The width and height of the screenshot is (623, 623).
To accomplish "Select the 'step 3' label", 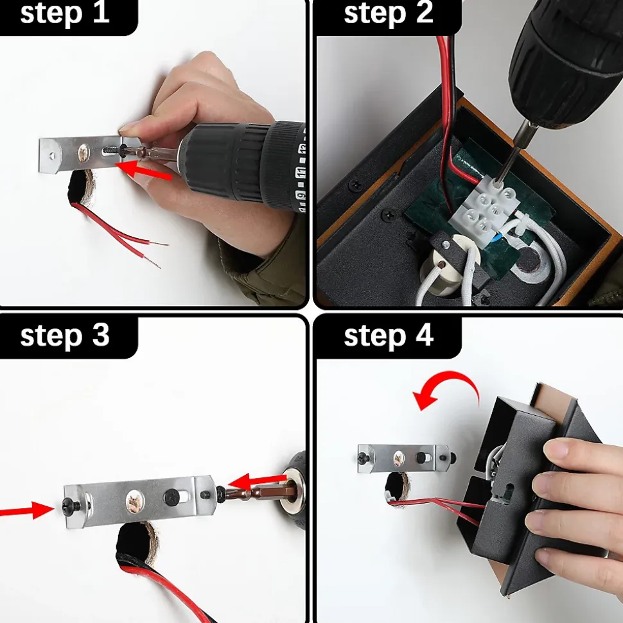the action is [x=64, y=336].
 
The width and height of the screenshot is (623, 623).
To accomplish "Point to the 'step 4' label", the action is [x=389, y=336].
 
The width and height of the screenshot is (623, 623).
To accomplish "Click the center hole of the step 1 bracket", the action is [x=84, y=152].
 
